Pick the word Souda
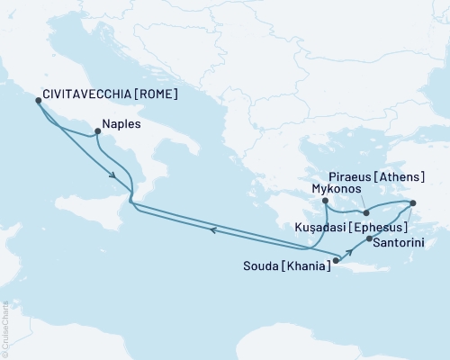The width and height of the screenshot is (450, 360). point(261,266)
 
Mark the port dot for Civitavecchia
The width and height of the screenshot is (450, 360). point(38,101)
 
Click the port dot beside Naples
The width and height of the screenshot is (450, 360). point(96,134)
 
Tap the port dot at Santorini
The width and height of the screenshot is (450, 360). point(370,238)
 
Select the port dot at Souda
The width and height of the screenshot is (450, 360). point(336,262)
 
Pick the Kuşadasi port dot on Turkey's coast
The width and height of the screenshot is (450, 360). point(414,203)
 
